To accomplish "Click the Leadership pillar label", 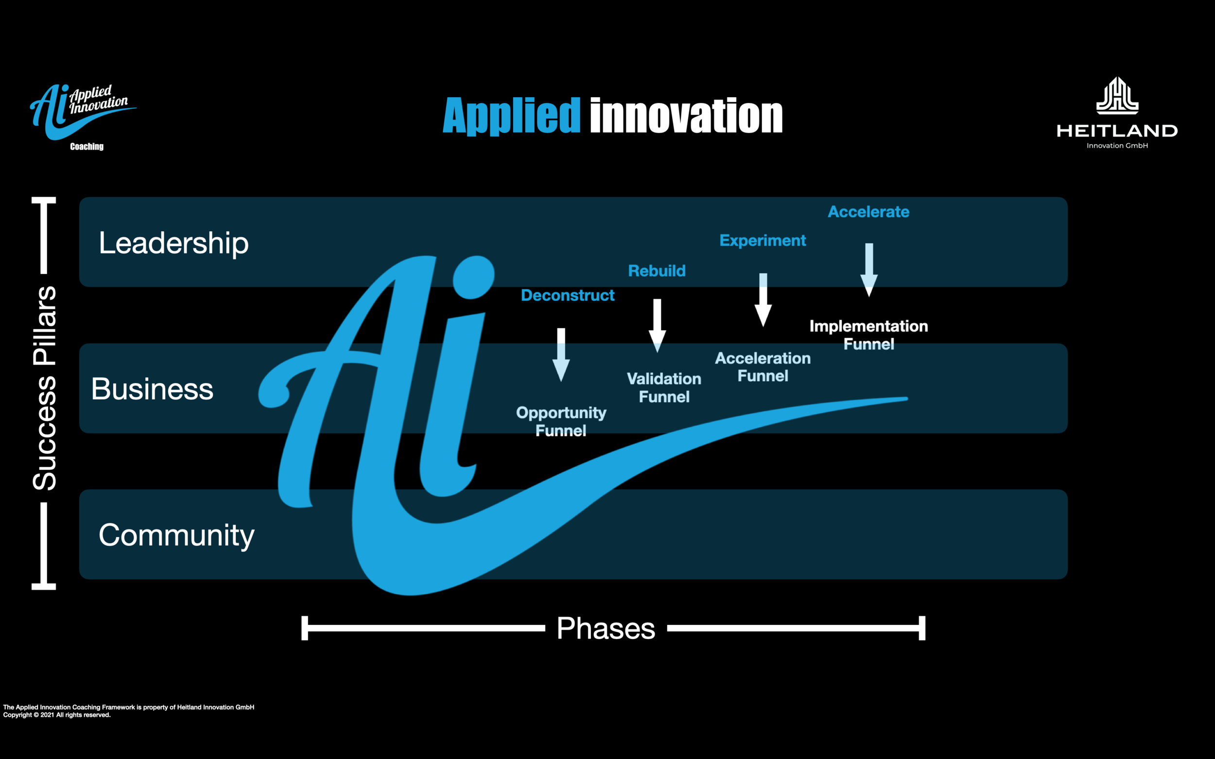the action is tap(174, 243).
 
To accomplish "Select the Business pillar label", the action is tap(152, 389).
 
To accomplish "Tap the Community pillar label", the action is tap(176, 535).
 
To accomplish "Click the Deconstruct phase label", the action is tap(568, 295).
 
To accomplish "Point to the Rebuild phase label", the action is tap(657, 271).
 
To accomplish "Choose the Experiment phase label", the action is tap(763, 240).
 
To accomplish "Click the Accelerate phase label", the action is tap(868, 212).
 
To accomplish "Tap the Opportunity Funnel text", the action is tap(561, 421).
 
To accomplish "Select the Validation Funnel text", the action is tap(664, 388).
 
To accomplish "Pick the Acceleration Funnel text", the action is tap(763, 367).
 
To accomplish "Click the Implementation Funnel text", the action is tap(868, 335).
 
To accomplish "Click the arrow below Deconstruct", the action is tap(561, 354).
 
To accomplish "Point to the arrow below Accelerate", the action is tap(869, 270).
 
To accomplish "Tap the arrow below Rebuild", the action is tap(657, 325).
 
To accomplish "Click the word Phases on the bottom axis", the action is tap(606, 628).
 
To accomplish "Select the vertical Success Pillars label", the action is tap(44, 388).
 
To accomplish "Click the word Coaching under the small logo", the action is tap(87, 147).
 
